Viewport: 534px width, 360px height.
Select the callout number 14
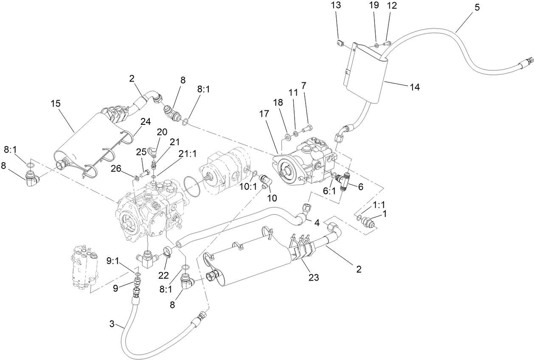click(x=414, y=87)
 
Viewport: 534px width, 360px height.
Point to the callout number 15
click(x=56, y=103)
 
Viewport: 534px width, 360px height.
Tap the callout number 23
click(x=314, y=278)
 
